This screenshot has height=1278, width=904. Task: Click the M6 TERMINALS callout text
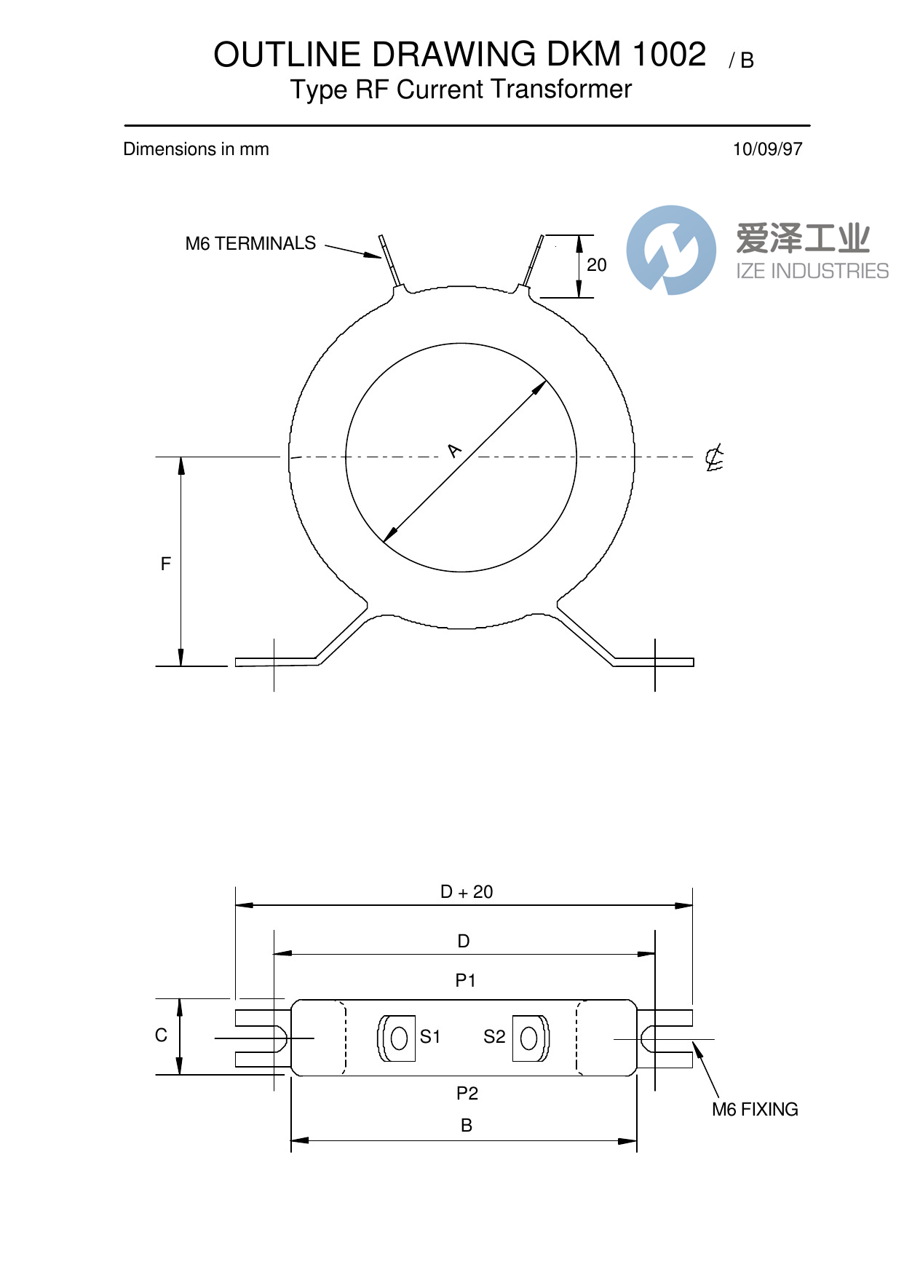250,243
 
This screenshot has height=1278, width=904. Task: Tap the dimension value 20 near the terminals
596,265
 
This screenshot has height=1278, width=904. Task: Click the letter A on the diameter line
455,451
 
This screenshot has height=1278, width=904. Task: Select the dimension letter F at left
165,564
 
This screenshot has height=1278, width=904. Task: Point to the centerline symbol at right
714,458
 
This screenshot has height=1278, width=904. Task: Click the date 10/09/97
766,149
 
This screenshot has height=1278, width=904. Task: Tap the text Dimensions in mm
196,149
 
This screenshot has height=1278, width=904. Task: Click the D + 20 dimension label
467,892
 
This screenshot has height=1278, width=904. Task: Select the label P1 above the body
465,981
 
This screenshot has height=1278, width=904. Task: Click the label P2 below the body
467,1093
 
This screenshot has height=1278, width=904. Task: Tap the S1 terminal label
430,1037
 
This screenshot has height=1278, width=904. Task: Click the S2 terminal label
494,1037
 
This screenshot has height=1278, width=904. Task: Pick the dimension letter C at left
161,1036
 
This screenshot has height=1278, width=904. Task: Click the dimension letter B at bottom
467,1126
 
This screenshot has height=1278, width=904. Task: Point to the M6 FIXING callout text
755,1110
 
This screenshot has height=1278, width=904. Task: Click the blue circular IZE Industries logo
670,251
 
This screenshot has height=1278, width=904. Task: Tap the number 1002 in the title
669,55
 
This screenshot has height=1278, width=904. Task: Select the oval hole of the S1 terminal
399,1038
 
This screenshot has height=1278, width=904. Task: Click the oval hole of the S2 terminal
529,1038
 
